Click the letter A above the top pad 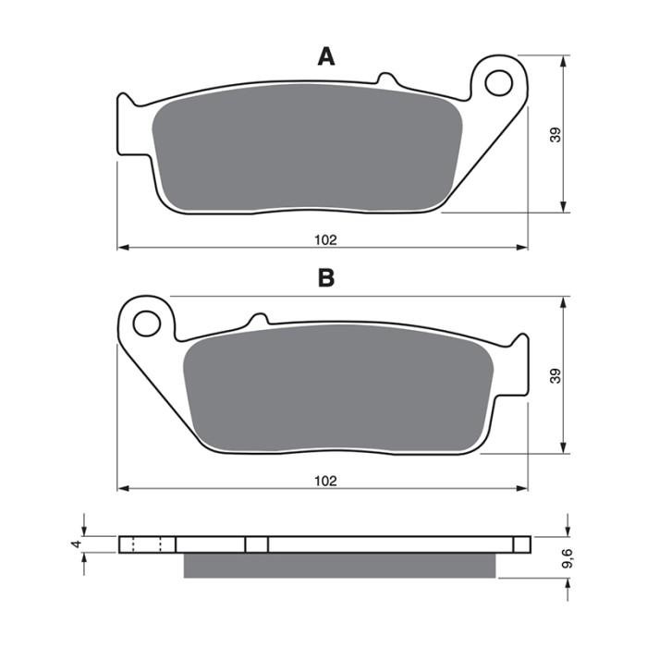click(325, 57)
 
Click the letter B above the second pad click(325, 278)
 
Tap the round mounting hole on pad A click(498, 82)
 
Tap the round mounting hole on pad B click(146, 323)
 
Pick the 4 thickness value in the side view click(76, 545)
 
